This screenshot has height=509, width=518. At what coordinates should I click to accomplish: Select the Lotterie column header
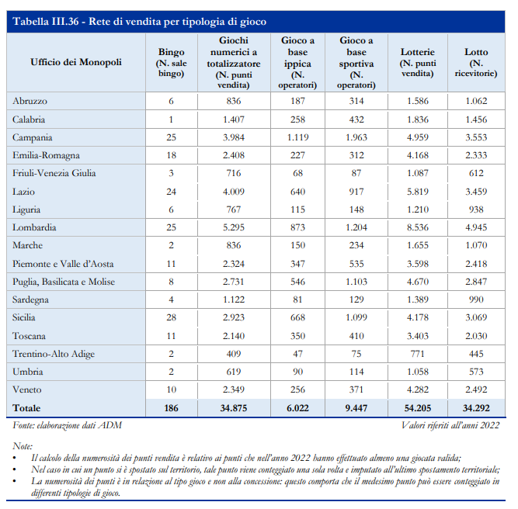(x=418, y=62)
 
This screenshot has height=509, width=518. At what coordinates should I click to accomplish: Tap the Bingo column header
(x=171, y=62)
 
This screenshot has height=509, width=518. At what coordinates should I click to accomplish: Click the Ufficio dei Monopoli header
(x=76, y=62)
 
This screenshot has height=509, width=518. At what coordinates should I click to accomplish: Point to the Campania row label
(x=32, y=137)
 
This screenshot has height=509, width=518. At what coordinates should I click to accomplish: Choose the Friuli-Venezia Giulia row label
(x=54, y=173)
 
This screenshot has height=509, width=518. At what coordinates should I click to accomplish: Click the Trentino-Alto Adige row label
(x=54, y=354)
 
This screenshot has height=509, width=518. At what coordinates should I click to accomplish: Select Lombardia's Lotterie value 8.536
(x=418, y=227)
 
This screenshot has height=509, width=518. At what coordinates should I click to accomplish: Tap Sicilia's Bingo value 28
(x=171, y=317)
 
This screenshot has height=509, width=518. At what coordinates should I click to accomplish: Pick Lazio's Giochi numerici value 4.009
(x=234, y=192)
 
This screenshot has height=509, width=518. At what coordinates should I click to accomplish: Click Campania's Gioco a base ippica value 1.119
(x=297, y=137)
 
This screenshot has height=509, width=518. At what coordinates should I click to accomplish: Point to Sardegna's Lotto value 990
(x=476, y=300)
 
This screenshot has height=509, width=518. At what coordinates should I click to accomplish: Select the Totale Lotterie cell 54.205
(x=418, y=408)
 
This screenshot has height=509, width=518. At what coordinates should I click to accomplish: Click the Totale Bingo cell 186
(x=171, y=408)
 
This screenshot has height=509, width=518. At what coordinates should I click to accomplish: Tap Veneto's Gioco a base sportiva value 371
(x=356, y=390)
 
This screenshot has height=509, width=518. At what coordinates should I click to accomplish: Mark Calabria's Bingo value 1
(x=171, y=119)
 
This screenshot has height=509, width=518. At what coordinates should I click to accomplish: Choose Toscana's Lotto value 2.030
(x=476, y=336)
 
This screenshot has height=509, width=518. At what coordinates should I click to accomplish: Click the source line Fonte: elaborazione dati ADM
(x=67, y=425)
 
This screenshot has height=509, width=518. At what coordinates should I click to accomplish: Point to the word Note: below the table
(x=23, y=446)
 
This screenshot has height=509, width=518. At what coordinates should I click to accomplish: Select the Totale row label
(x=26, y=408)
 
